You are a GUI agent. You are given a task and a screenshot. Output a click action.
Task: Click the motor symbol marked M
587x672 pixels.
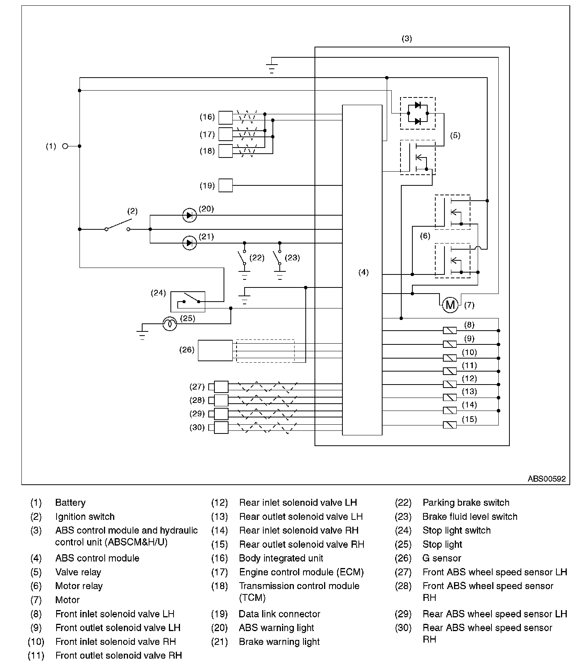click(450, 305)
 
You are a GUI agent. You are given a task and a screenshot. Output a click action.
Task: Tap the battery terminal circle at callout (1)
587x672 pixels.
click(65, 146)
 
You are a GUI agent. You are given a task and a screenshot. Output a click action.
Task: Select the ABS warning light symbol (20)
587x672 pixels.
click(190, 215)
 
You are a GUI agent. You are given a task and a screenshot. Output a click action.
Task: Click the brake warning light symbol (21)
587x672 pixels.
click(190, 243)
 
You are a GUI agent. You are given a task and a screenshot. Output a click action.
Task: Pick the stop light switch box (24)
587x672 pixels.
click(188, 302)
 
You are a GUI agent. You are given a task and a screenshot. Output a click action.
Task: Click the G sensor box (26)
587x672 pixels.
click(215, 351)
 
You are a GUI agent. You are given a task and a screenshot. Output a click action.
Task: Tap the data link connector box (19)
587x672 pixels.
click(225, 185)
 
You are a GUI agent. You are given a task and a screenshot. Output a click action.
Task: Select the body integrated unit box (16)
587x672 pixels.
click(225, 118)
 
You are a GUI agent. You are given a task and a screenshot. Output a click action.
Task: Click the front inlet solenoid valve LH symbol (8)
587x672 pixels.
click(450, 331)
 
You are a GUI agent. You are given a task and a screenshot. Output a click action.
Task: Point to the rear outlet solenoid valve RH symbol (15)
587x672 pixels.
click(450, 425)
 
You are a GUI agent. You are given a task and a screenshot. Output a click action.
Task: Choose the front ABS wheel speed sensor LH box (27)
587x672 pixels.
click(221, 387)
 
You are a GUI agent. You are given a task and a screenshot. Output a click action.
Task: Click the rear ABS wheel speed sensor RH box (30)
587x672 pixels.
click(221, 427)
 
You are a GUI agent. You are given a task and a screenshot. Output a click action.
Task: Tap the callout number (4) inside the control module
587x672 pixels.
click(363, 272)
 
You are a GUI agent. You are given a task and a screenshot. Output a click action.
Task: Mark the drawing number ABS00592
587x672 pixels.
click(546, 479)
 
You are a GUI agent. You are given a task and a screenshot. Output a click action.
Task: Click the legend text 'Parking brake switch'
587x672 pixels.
click(466, 503)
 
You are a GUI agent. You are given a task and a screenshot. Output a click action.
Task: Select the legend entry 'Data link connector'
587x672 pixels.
click(279, 614)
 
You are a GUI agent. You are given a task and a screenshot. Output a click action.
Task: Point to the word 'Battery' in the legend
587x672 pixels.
click(70, 503)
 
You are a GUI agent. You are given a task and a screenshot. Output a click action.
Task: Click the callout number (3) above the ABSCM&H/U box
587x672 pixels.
click(407, 39)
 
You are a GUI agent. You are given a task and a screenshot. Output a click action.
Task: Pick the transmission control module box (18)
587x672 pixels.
click(225, 151)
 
